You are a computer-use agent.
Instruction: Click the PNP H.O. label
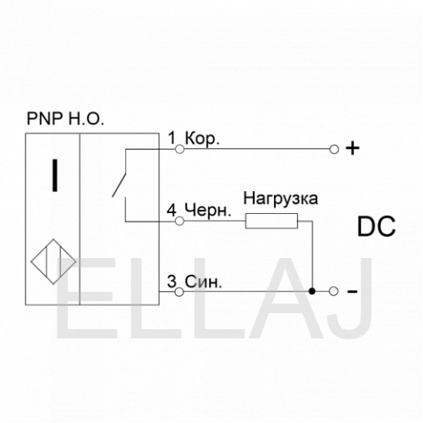pyautogui.click(x=65, y=118)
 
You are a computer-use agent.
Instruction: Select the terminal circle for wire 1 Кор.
pyautogui.click(x=179, y=149)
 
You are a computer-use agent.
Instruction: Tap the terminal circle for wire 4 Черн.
pyautogui.click(x=179, y=221)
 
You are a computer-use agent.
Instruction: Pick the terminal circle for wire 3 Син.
pyautogui.click(x=179, y=292)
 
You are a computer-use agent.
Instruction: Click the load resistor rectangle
pyautogui.click(x=272, y=221)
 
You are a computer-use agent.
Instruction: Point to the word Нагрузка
pyautogui.click(x=281, y=198)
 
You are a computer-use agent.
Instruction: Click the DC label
pyautogui.click(x=376, y=227)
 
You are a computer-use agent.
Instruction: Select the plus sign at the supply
pyautogui.click(x=353, y=149)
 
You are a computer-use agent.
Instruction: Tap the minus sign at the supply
pyautogui.click(x=353, y=292)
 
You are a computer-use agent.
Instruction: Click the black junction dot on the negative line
pyautogui.click(x=311, y=291)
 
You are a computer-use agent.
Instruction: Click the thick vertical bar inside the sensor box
pyautogui.click(x=55, y=175)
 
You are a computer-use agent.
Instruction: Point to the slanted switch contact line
pyautogui.click(x=119, y=184)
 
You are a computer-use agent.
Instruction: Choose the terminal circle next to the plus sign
pyautogui.click(x=334, y=149)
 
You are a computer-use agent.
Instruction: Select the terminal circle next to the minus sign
pyautogui.click(x=333, y=291)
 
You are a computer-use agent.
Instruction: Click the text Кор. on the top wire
pyautogui.click(x=202, y=139)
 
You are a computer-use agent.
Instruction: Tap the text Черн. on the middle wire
pyautogui.click(x=208, y=211)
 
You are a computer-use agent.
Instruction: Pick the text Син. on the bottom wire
pyautogui.click(x=203, y=282)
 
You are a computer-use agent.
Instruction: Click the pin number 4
pyautogui.click(x=172, y=210)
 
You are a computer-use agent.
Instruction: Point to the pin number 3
pyautogui.click(x=172, y=281)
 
